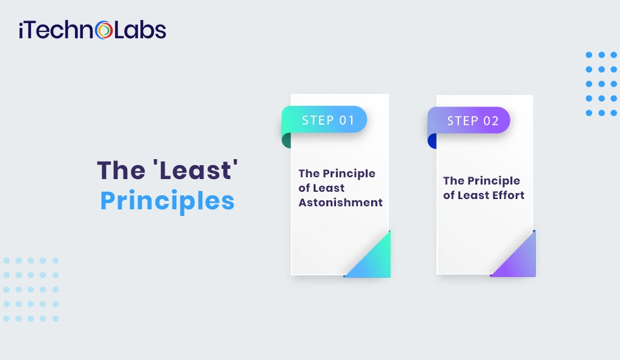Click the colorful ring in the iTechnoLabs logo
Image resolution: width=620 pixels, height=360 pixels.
(x=105, y=30)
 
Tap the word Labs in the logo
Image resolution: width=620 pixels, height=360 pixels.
(x=140, y=30)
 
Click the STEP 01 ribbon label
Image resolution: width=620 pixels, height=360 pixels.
(x=328, y=120)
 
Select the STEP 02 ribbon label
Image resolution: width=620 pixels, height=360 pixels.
(x=472, y=120)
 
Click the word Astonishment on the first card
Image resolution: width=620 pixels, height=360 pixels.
(x=340, y=203)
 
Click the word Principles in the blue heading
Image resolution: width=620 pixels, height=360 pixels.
(x=167, y=201)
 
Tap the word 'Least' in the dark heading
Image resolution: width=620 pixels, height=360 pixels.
(x=194, y=170)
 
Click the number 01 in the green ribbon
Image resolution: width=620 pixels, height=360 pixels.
(x=346, y=120)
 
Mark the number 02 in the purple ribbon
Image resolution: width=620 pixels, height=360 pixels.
(x=490, y=120)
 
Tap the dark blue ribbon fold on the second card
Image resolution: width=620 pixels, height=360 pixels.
(x=432, y=141)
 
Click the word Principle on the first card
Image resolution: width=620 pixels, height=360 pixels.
(x=348, y=174)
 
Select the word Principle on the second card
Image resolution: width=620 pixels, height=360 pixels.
(x=493, y=181)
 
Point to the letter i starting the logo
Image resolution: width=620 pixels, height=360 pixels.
(x=22, y=30)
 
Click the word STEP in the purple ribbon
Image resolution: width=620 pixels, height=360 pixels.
(x=463, y=120)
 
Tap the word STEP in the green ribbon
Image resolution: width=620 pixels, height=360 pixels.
(x=318, y=120)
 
